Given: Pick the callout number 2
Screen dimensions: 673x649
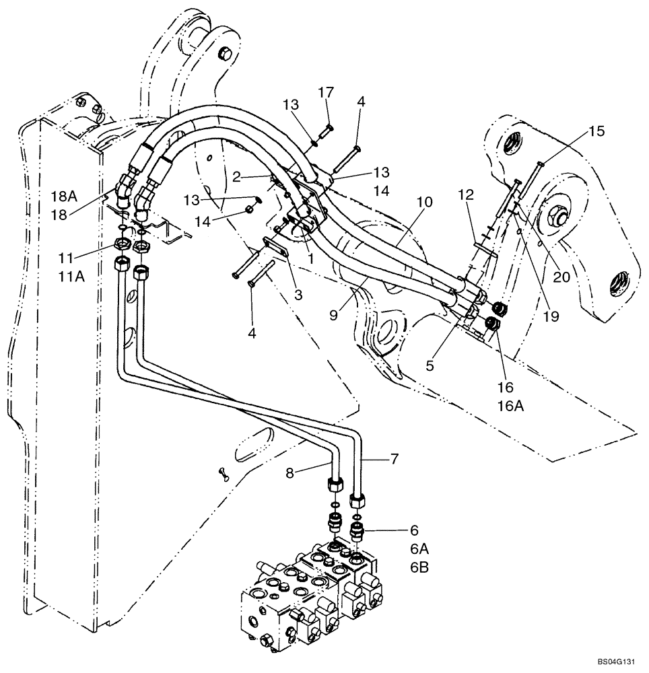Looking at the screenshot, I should pos(238,177).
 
